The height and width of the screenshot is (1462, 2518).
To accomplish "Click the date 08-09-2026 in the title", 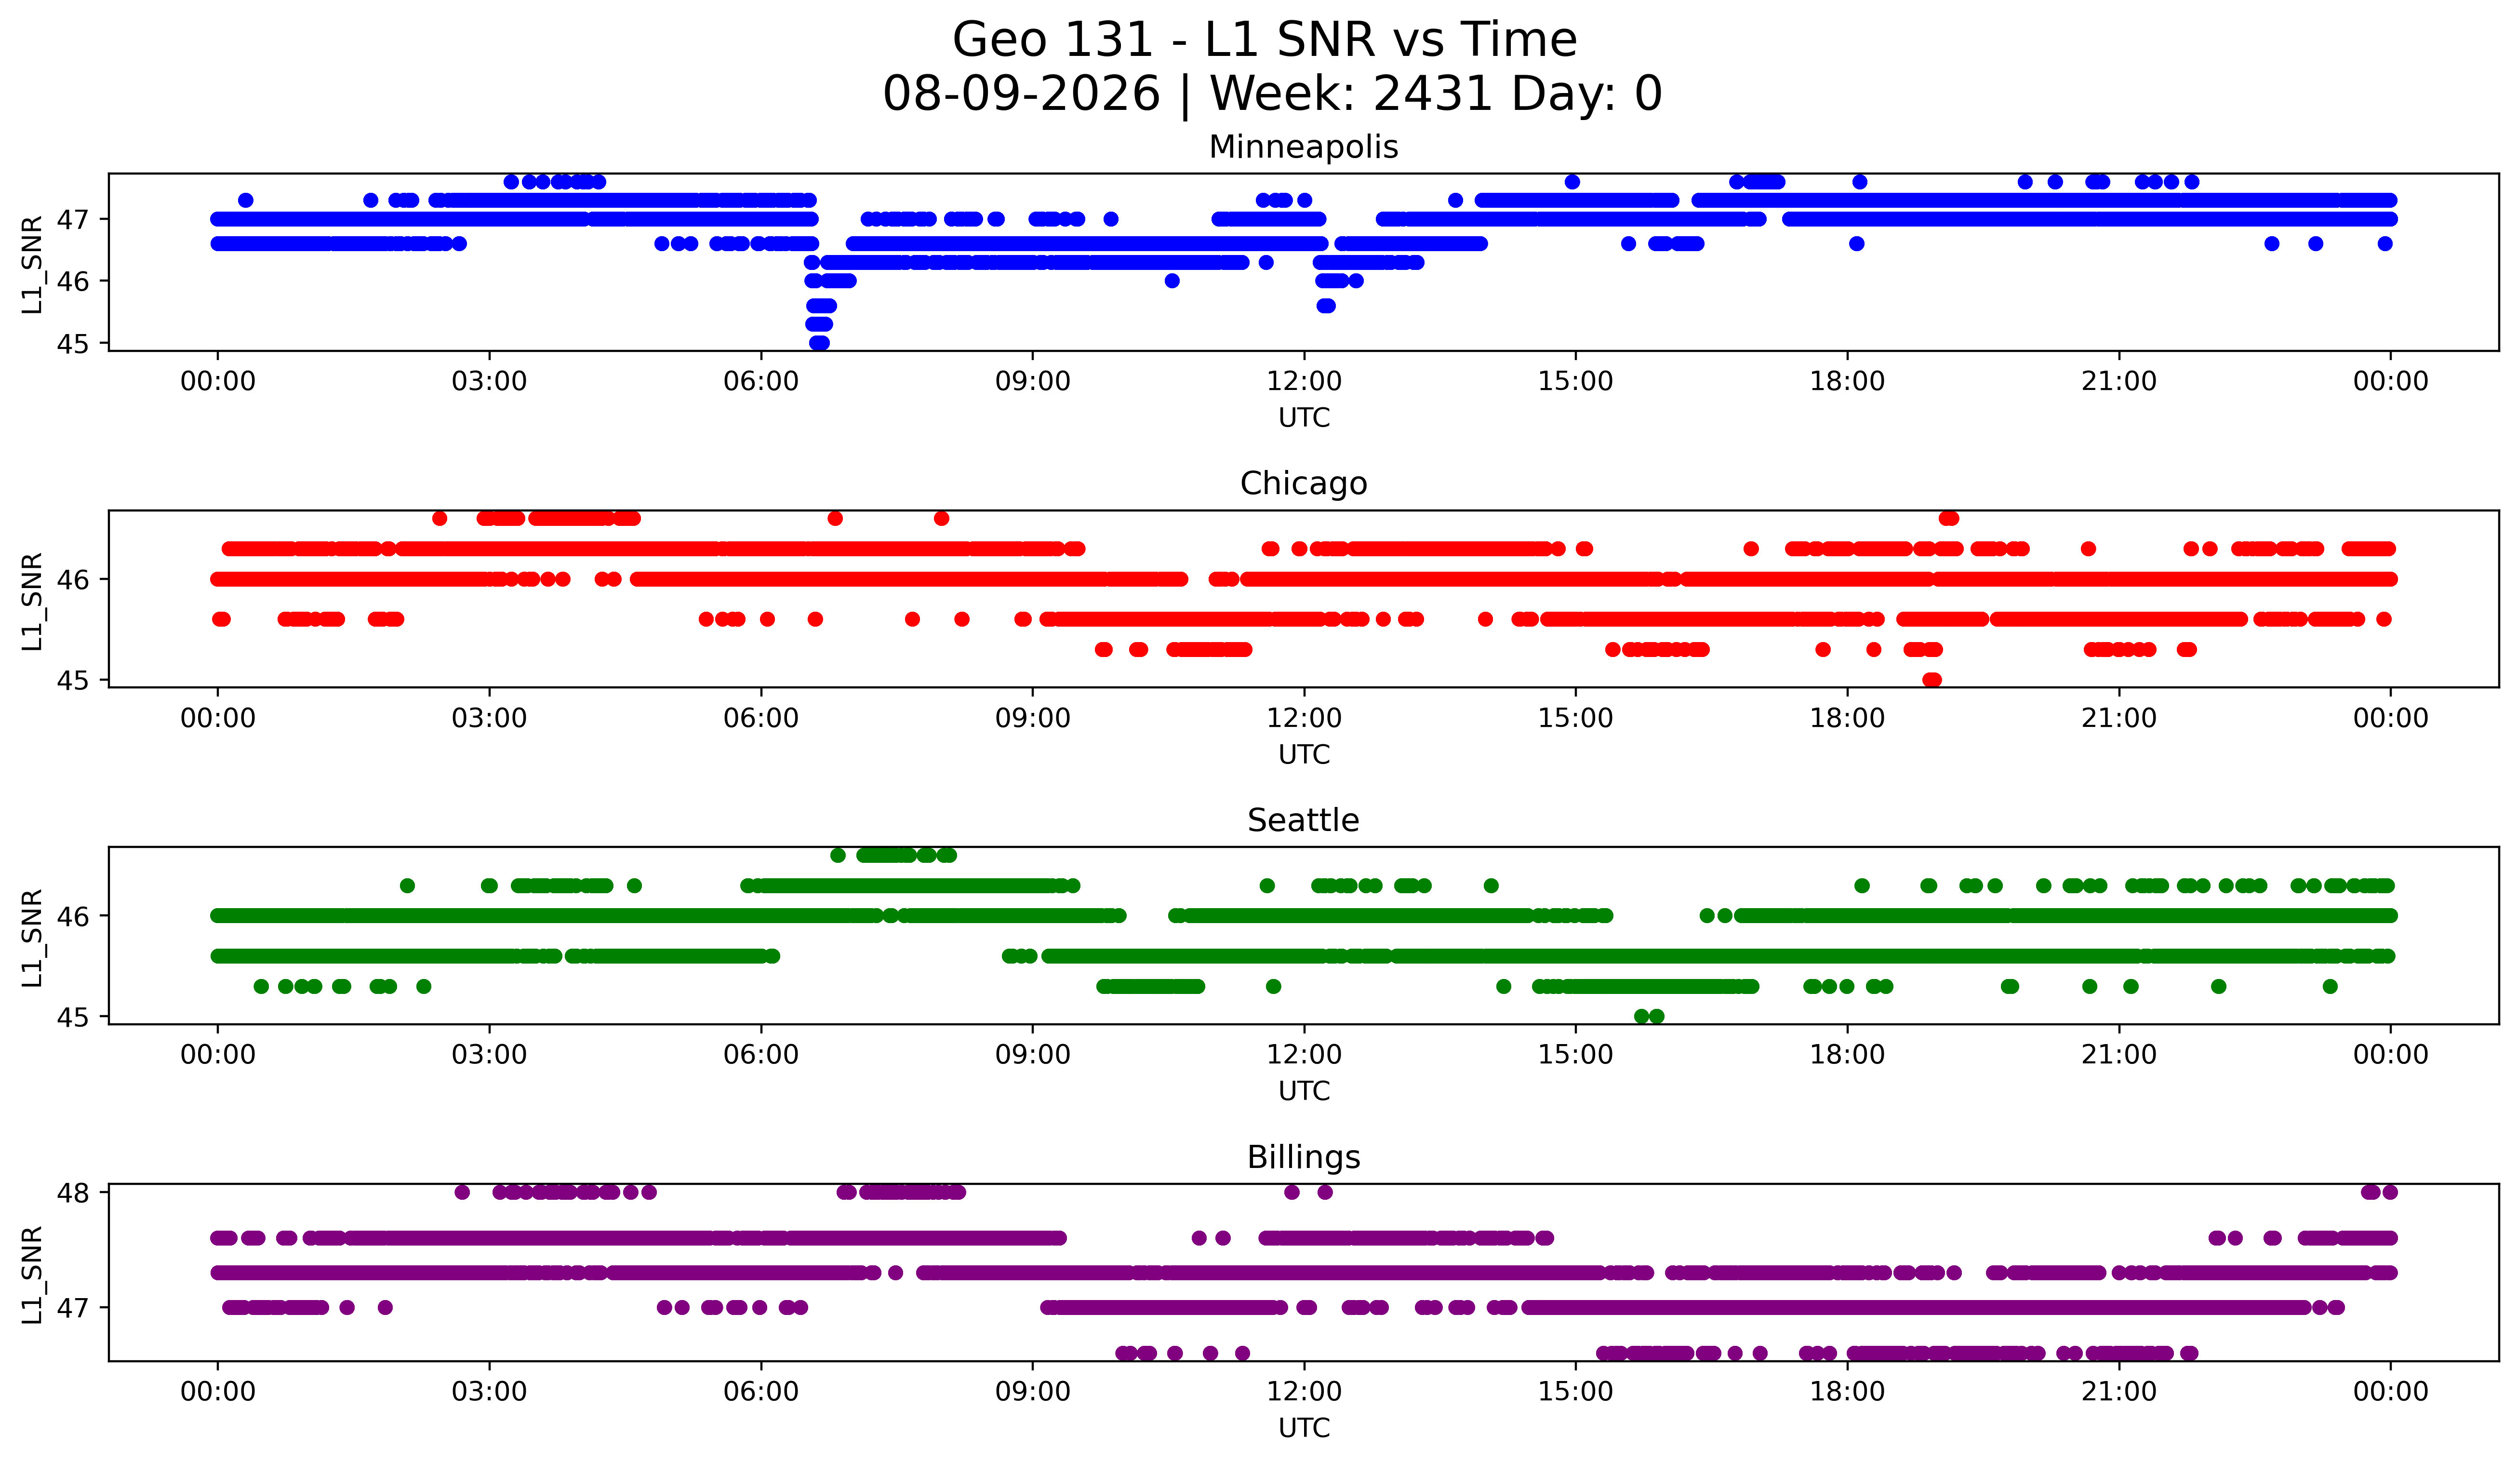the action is tap(1021, 94).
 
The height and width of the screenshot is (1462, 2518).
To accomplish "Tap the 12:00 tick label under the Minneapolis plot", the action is tap(1304, 382).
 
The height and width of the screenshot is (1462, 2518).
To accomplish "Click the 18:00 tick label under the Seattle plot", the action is tap(1848, 1055).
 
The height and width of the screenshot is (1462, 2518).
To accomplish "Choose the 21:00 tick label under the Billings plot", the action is tap(2119, 1392).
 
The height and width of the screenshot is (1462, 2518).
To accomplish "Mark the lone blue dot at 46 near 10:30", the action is tap(1172, 281).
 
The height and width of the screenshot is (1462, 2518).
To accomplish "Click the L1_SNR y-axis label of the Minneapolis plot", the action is tap(32, 264).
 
